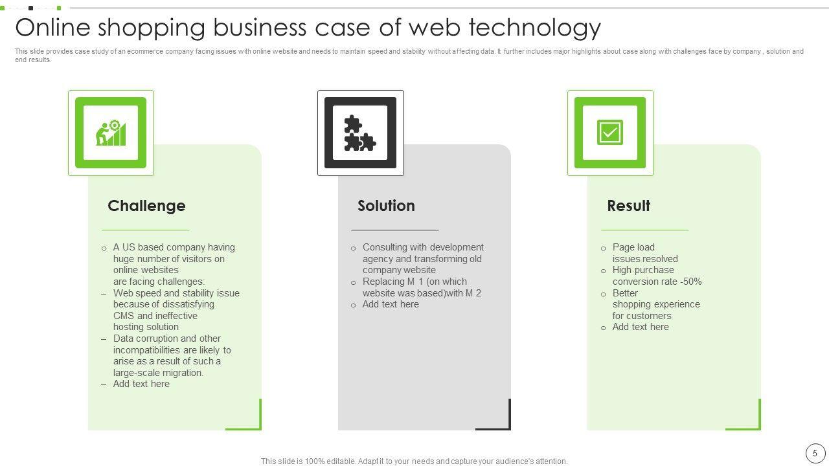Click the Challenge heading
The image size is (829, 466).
pos(146,206)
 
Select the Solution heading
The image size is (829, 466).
pos(386,206)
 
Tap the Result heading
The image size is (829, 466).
pos(628,206)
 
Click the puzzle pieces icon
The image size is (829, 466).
pos(360,133)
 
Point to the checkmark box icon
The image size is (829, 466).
pos(610,133)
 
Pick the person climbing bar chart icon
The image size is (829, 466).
pos(111,133)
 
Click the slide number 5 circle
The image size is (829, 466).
pos(815,453)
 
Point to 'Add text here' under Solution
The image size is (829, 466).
pos(391,304)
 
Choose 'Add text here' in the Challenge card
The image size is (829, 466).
pos(141,384)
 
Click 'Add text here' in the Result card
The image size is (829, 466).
pos(641,327)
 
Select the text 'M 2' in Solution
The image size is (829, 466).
pos(473,293)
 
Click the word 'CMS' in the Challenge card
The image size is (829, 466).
pos(124,316)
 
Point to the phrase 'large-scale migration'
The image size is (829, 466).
pos(158,373)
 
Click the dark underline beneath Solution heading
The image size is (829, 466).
pos(394,230)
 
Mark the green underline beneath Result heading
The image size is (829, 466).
pos(644,230)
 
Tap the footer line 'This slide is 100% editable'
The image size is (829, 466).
pos(414,461)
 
